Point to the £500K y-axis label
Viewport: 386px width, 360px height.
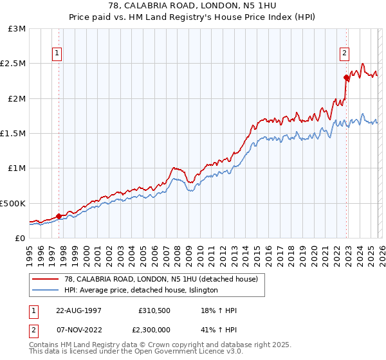point(13,203)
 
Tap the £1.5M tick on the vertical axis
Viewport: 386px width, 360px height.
point(13,134)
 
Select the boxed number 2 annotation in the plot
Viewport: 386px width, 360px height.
point(345,53)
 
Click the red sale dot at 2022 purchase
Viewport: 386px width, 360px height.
point(346,78)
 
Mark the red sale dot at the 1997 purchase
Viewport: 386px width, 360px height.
point(59,216)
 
